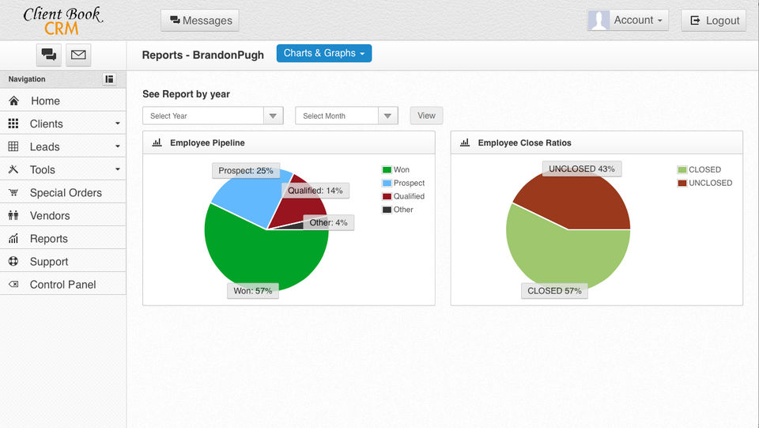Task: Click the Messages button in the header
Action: [x=199, y=21]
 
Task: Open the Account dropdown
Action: [x=628, y=21]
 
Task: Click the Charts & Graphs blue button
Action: [x=323, y=53]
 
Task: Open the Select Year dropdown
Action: [x=213, y=116]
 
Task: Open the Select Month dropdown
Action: [x=346, y=116]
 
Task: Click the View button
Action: [x=426, y=116]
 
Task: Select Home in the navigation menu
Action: [x=45, y=101]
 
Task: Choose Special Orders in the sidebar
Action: [x=65, y=193]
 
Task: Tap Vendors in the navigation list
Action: [x=49, y=216]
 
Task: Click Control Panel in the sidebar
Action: [x=62, y=285]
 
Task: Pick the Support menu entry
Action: [x=49, y=262]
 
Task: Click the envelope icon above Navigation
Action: [x=78, y=55]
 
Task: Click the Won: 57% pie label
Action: [x=253, y=290]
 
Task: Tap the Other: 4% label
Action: [x=328, y=222]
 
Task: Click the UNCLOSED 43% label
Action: [x=582, y=169]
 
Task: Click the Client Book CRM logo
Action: [x=62, y=21]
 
